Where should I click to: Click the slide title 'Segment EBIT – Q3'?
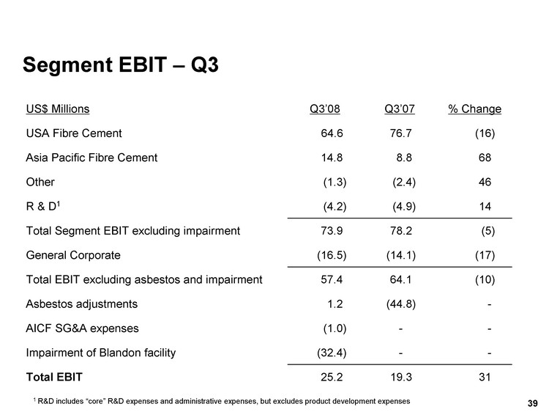[121, 65]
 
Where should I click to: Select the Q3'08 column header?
[325, 109]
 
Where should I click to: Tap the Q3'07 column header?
[399, 109]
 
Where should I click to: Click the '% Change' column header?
[474, 109]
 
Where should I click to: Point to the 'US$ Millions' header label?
[58, 109]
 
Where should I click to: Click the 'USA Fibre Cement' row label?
[74, 133]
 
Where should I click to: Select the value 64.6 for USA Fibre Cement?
[332, 133]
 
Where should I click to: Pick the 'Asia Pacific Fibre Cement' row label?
[91, 158]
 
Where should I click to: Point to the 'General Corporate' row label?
[73, 255]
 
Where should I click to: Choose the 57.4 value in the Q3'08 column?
[332, 279]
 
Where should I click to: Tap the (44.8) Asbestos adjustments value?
[403, 304]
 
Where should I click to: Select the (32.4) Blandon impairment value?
[331, 353]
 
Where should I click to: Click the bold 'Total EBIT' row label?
[54, 378]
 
